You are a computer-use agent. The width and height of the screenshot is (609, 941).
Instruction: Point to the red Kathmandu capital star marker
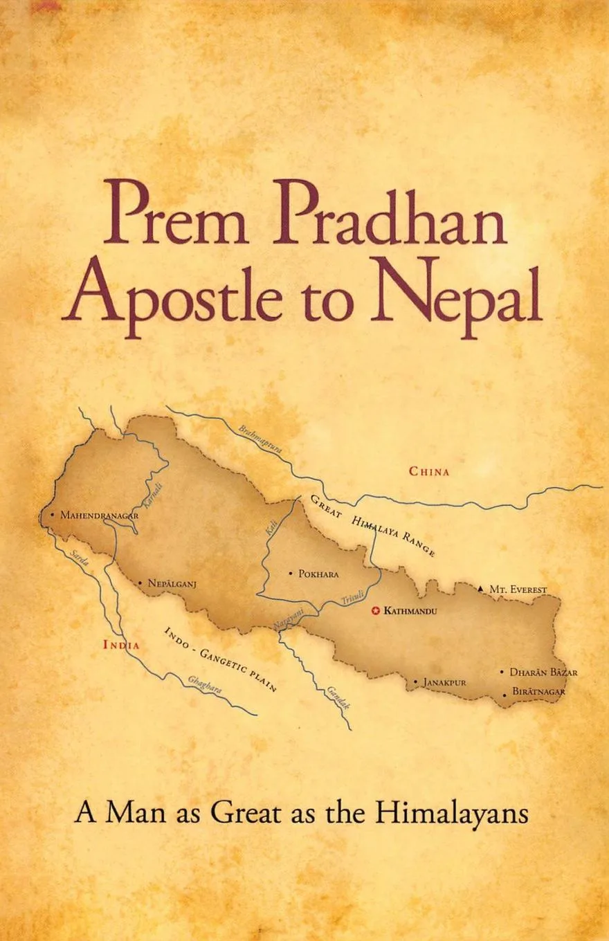point(376,611)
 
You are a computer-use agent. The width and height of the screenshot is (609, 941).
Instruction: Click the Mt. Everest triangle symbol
point(481,589)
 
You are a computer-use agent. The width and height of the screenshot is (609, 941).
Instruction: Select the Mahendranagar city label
point(100,515)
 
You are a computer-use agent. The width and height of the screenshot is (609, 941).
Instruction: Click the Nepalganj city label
point(172,583)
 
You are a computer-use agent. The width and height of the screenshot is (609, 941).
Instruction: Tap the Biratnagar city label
point(538,691)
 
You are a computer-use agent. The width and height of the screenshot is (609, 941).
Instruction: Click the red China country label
point(429,472)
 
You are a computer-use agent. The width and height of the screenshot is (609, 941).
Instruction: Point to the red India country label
point(121,645)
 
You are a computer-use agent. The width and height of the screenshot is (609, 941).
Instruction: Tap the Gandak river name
point(338,698)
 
